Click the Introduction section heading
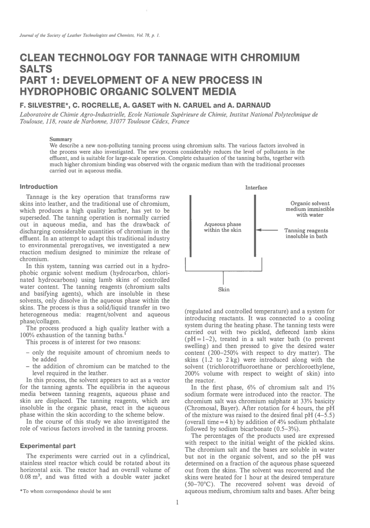click(x=38, y=187)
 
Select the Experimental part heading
click(x=48, y=446)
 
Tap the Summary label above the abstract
click(x=61, y=139)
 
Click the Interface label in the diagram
click(x=256, y=188)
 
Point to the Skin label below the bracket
click(x=224, y=289)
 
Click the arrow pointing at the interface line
click(x=267, y=230)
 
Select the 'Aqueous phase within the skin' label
click(x=222, y=227)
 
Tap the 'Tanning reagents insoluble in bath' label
click(x=306, y=233)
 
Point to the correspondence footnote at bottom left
click(x=65, y=491)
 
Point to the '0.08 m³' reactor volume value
click(x=30, y=477)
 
